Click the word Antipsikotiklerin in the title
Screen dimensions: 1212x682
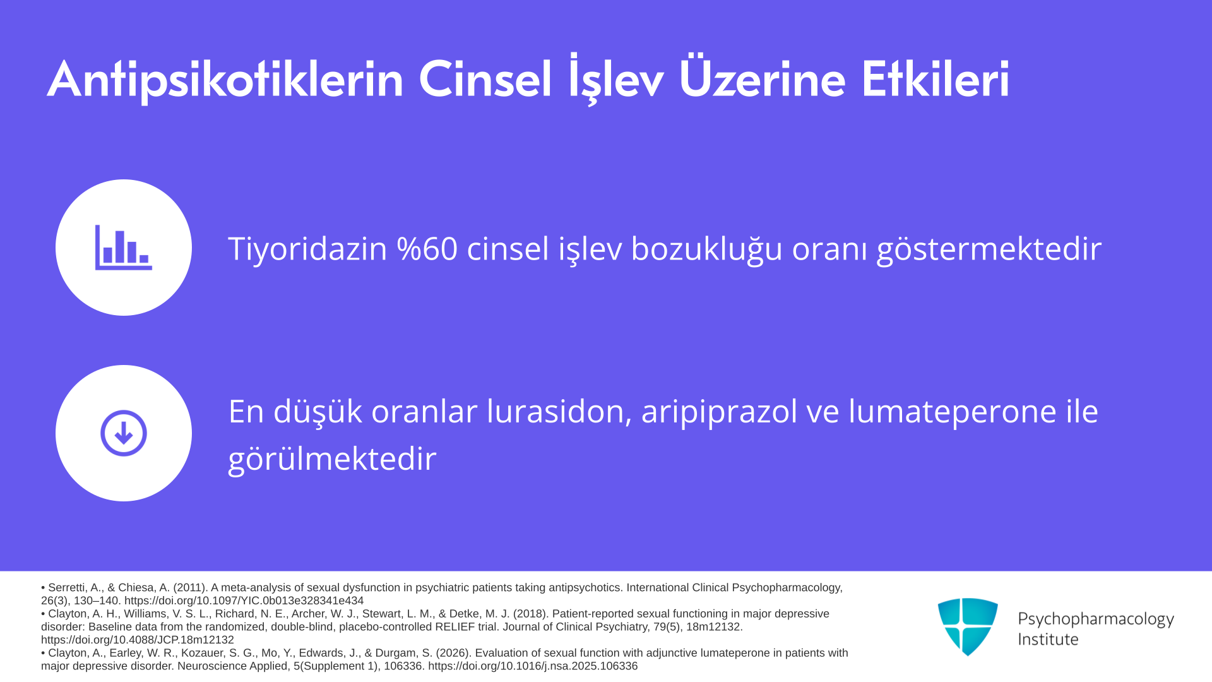point(225,80)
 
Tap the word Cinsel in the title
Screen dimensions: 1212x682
point(485,80)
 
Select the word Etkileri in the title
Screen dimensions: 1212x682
point(936,80)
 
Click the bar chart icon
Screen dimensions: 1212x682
point(124,248)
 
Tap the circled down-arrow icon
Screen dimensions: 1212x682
point(124,433)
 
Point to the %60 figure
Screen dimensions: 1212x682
point(427,248)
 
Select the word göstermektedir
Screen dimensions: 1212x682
point(989,249)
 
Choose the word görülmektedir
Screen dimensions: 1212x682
point(332,459)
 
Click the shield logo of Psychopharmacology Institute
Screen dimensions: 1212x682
point(968,626)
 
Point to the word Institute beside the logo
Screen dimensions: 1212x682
point(1048,640)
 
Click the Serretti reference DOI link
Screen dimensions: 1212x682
point(244,601)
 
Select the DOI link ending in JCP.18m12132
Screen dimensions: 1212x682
point(138,640)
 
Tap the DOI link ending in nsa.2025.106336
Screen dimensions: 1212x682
point(533,666)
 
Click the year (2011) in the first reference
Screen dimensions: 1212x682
point(191,587)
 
